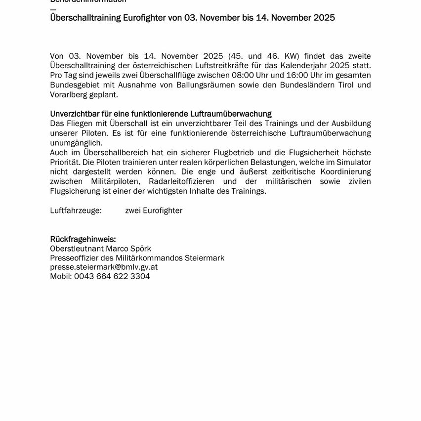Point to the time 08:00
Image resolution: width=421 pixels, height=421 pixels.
[242, 75]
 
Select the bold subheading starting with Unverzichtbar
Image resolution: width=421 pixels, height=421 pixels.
[161, 114]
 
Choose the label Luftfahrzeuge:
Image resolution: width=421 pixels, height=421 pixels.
[76, 210]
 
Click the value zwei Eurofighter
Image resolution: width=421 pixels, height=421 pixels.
[154, 210]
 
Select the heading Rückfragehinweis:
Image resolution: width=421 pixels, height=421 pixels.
[83, 239]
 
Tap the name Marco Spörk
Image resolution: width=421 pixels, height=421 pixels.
[128, 249]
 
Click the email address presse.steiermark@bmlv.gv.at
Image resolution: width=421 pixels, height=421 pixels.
[104, 267]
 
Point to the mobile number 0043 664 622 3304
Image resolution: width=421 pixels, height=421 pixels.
[112, 277]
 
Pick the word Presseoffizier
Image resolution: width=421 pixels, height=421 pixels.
[75, 258]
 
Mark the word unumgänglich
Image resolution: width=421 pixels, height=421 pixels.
[76, 143]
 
